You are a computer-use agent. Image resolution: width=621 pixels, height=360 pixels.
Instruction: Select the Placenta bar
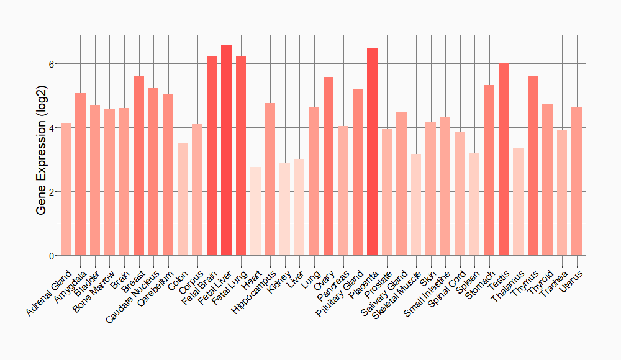[x=372, y=151]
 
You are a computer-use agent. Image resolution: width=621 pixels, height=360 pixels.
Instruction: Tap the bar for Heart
[x=255, y=211]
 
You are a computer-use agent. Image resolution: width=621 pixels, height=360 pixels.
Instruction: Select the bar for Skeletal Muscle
[x=416, y=205]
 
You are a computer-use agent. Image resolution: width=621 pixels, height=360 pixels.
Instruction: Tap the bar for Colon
[x=183, y=199]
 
